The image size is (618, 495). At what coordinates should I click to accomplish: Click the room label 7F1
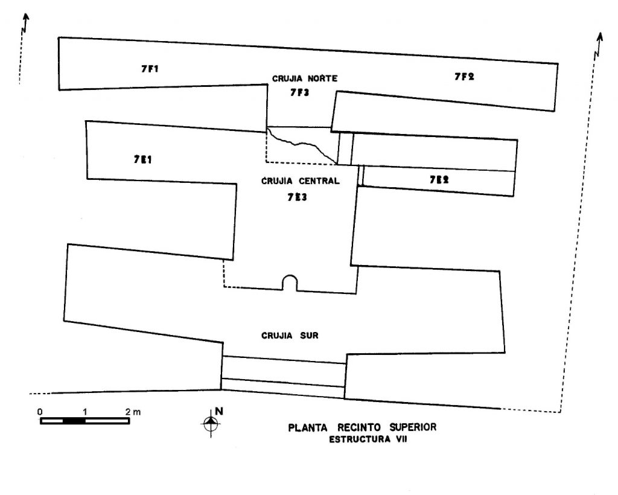150,69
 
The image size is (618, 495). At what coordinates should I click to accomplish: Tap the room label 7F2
464,77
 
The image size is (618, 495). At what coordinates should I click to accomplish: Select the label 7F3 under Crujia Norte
299,92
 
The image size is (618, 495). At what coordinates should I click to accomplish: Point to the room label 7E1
142,159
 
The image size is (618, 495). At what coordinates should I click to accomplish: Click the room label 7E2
439,180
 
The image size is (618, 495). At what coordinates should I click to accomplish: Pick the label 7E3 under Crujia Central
297,197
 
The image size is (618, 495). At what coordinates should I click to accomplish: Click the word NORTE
322,78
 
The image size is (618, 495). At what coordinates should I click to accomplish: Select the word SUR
309,336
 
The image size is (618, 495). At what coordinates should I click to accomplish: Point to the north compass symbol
211,423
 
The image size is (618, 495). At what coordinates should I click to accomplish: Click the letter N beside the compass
219,412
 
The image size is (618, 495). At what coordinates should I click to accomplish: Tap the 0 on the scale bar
40,412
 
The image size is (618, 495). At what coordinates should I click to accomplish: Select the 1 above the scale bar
84,412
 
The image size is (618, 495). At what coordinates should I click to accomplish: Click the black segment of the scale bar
74,421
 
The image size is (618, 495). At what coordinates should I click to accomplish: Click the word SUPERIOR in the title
413,427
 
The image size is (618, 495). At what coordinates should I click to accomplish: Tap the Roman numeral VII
401,439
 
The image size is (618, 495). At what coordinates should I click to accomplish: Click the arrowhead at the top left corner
27,16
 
